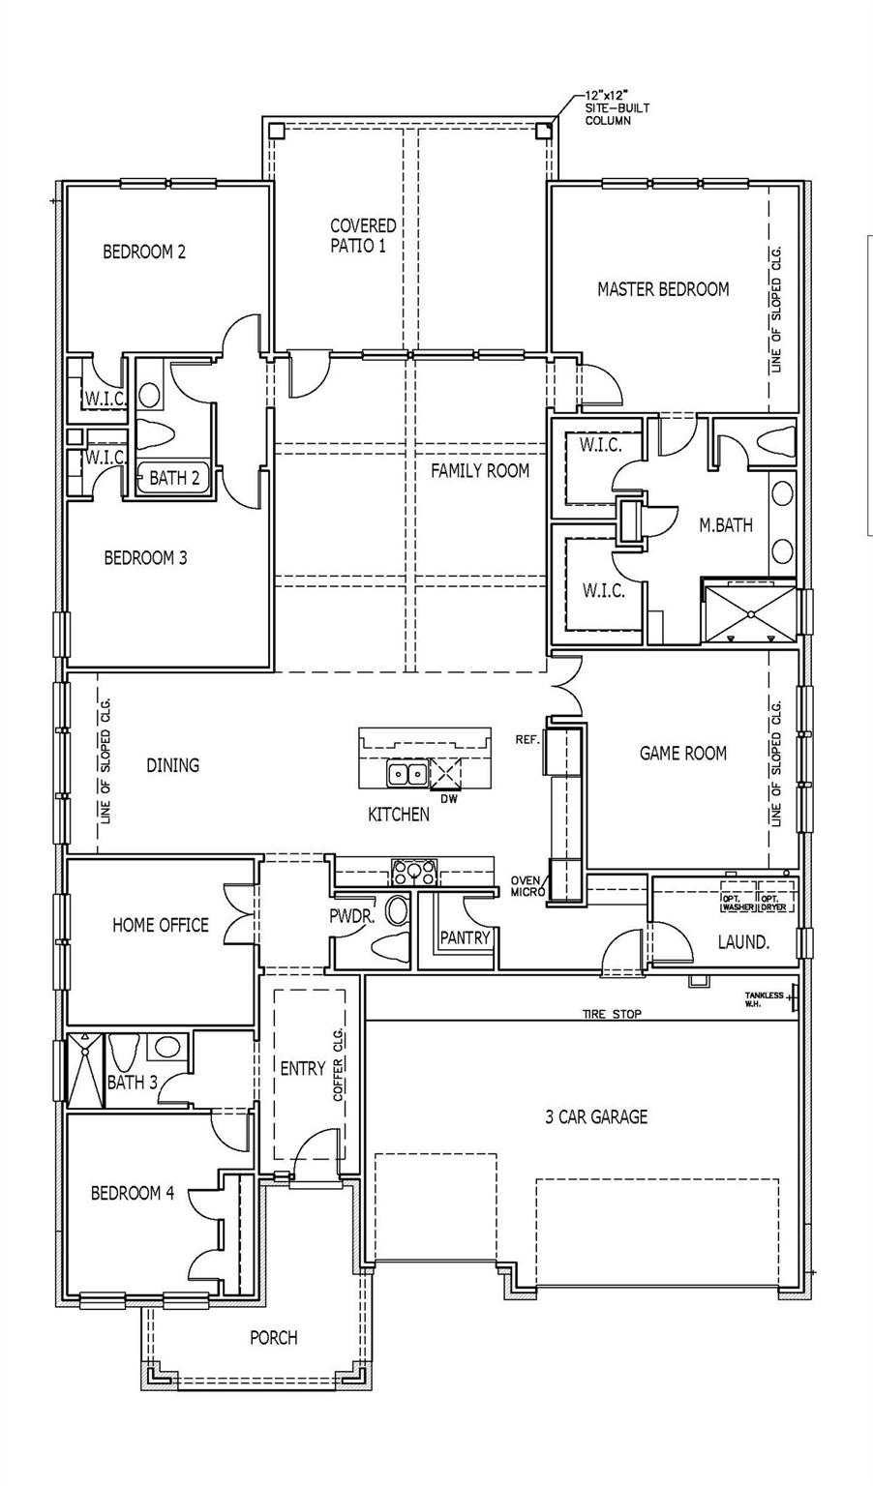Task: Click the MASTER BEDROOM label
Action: point(663,288)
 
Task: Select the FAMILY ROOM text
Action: point(480,471)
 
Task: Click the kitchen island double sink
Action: point(406,773)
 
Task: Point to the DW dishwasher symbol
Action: point(446,774)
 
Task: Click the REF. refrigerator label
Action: point(527,739)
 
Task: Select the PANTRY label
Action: point(466,937)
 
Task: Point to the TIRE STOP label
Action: point(611,1014)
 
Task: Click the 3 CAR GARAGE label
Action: point(595,1116)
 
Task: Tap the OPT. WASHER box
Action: point(738,902)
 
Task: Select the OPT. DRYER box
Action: point(775,902)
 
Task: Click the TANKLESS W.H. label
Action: point(765,998)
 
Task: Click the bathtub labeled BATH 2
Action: point(174,478)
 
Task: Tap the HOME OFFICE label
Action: point(160,925)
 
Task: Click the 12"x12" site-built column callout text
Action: point(616,108)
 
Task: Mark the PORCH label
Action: point(274,1338)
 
